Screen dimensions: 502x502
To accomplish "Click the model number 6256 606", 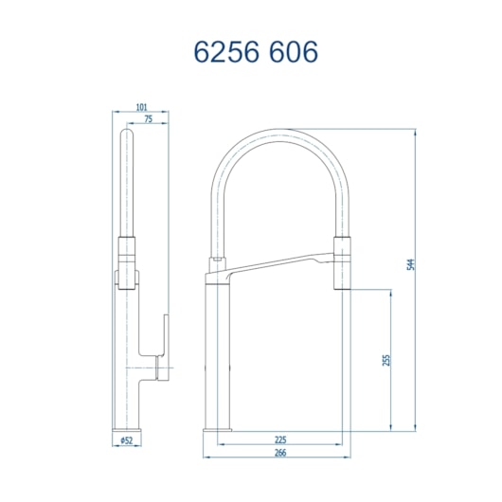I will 255,51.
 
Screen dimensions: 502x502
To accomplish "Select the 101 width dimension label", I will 141,108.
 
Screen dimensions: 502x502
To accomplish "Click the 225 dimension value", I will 280,440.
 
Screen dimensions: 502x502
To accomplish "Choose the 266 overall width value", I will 280,452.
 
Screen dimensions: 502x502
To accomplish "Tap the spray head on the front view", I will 340,258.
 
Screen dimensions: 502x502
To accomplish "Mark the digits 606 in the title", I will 290,51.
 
